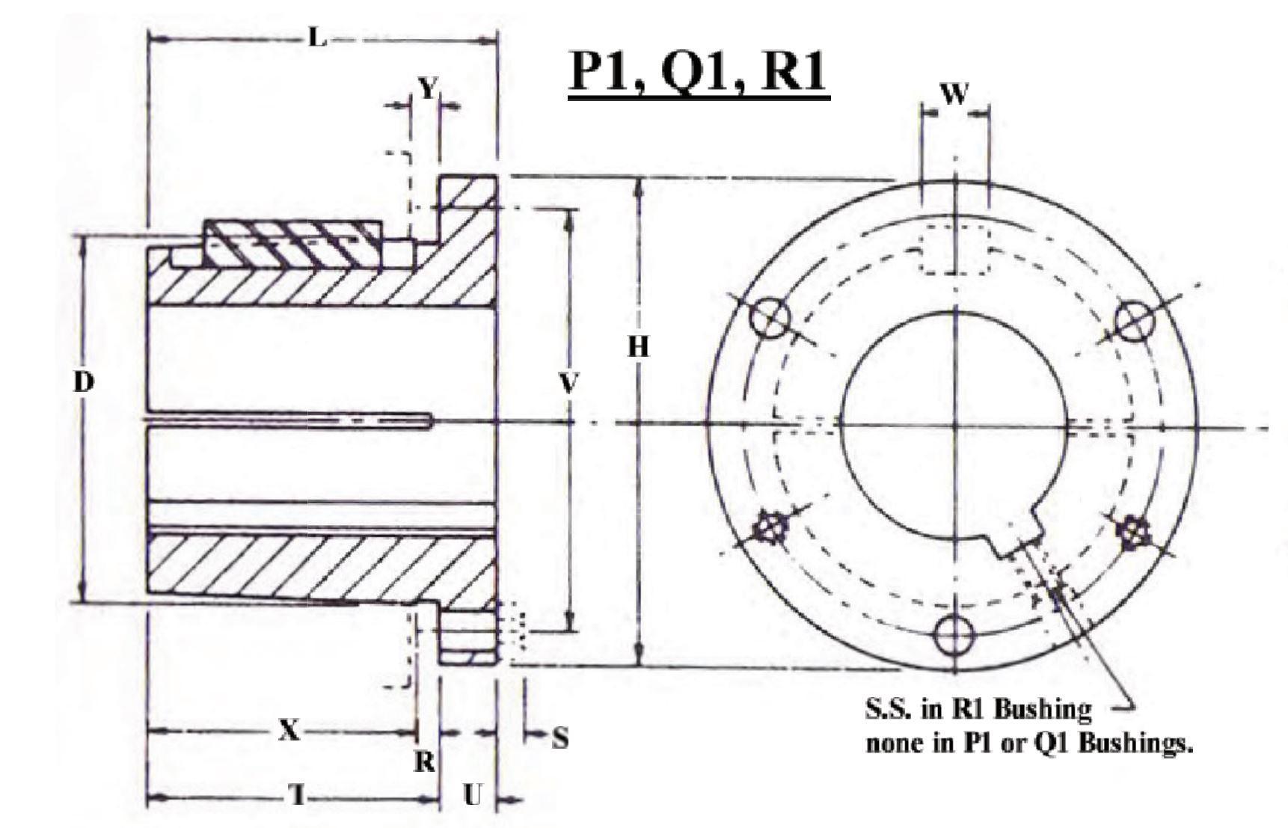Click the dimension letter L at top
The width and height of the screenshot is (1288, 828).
click(317, 37)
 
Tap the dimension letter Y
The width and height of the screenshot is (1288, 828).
click(426, 89)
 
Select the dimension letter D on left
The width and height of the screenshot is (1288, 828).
click(84, 382)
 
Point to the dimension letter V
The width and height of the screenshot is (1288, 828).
click(569, 384)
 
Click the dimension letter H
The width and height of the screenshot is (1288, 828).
click(638, 347)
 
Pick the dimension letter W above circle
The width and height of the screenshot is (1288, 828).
click(954, 94)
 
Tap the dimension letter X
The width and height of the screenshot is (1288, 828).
click(289, 730)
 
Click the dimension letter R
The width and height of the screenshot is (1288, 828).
click(425, 762)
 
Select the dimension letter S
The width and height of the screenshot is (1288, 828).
click(559, 739)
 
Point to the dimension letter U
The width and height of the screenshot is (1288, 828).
click(471, 796)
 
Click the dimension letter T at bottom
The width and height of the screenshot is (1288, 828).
click(298, 796)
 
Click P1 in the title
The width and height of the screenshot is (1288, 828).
click(601, 73)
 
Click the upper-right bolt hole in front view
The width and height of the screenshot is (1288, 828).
click(1135, 319)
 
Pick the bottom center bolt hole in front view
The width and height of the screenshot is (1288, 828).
click(954, 635)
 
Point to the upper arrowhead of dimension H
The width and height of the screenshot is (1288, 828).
click(638, 184)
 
